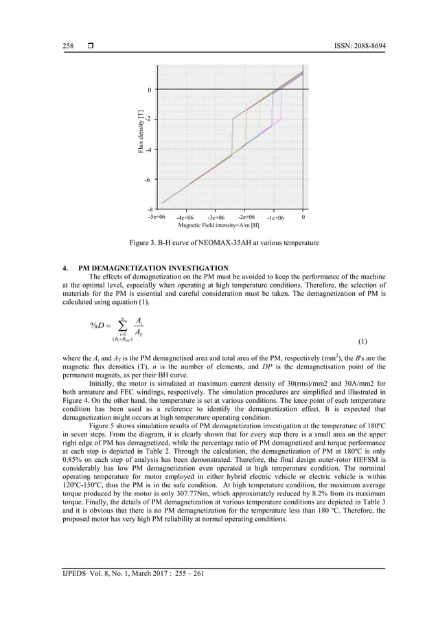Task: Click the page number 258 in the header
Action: tap(68, 46)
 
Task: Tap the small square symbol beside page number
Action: tap(90, 46)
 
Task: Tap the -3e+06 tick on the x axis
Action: tap(216, 218)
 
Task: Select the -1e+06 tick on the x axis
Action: tap(275, 218)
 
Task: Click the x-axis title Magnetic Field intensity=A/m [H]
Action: tap(218, 224)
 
